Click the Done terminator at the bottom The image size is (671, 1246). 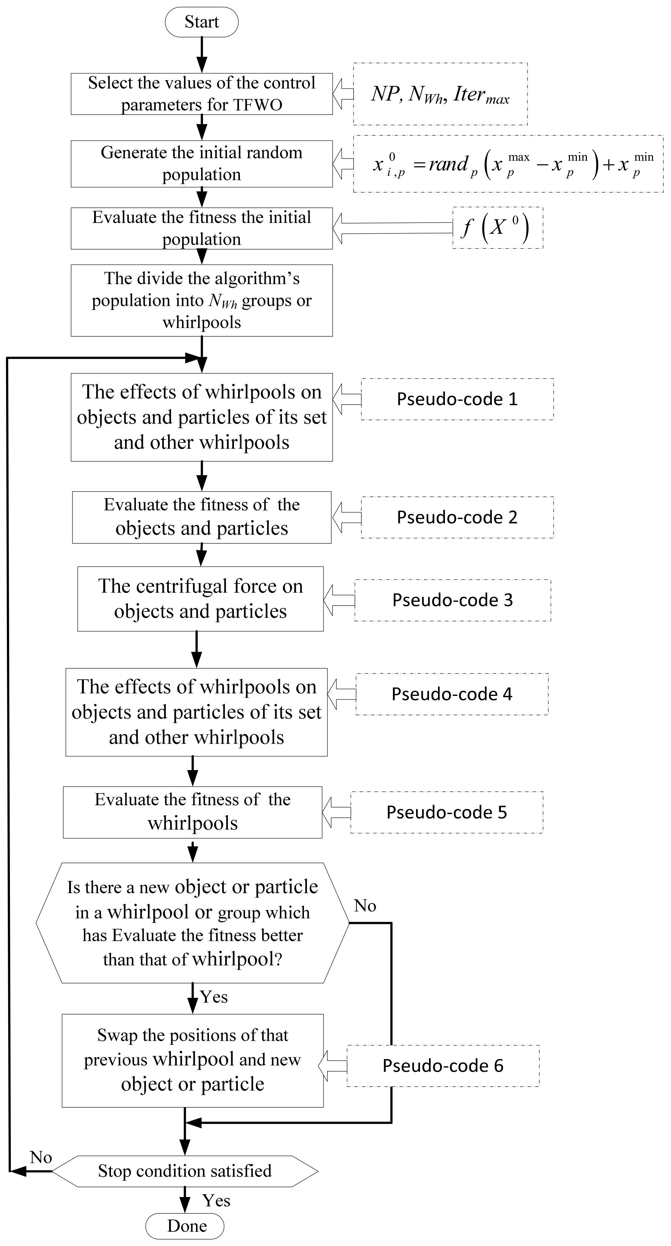185,1226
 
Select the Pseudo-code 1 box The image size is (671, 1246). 457,399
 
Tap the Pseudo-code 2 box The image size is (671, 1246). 457,517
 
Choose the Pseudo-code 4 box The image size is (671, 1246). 452,694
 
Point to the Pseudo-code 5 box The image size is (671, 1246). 446,812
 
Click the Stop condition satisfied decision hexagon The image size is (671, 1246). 185,1171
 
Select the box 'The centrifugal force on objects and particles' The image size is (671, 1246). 201,599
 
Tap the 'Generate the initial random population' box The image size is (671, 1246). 201,163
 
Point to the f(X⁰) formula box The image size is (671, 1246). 498,228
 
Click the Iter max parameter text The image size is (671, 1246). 481,94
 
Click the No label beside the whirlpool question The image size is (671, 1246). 365,906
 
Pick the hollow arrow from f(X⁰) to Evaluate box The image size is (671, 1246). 392,228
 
